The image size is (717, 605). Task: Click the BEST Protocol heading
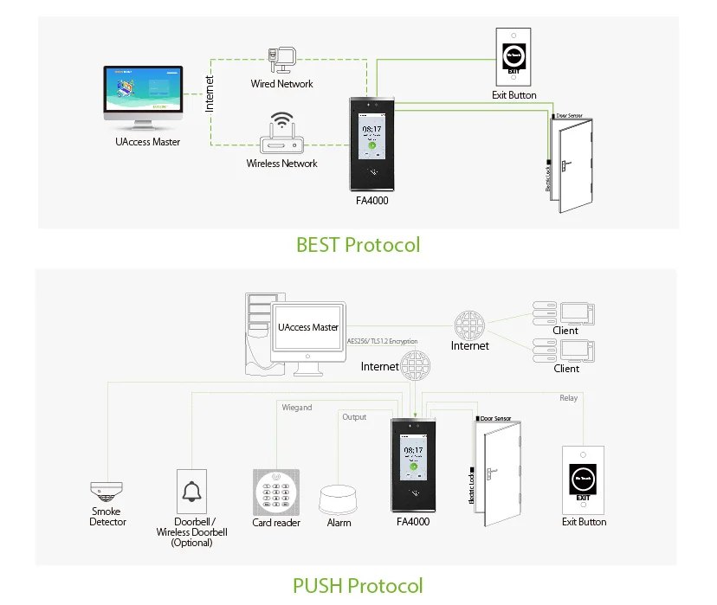(x=358, y=245)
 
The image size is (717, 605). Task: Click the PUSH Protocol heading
(x=358, y=585)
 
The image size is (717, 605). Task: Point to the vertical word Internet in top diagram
(x=210, y=93)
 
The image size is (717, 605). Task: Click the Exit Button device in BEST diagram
(x=514, y=57)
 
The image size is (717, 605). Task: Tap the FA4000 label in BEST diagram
(x=371, y=201)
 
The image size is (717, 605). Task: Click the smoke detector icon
(x=107, y=492)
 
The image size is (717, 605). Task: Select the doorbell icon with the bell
(x=191, y=493)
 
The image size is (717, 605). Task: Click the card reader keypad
(x=275, y=492)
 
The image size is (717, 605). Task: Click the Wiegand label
(x=297, y=407)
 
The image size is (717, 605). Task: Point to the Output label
(x=354, y=417)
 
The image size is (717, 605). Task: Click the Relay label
(x=568, y=398)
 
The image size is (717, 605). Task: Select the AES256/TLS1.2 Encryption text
(x=382, y=341)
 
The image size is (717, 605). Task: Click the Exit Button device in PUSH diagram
(x=583, y=479)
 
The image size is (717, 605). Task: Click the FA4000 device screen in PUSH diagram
(x=413, y=458)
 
